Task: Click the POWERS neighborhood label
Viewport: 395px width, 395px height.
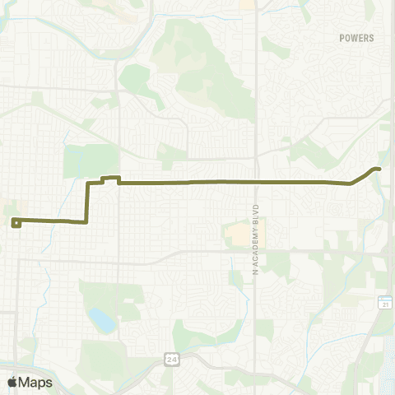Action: (x=355, y=38)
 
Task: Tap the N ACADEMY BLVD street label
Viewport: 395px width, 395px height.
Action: (x=256, y=239)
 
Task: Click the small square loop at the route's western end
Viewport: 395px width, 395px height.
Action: (x=16, y=221)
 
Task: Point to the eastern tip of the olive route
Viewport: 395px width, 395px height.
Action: (x=379, y=169)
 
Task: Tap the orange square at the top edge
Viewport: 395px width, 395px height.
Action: (x=246, y=3)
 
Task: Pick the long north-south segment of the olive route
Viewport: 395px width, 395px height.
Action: (x=88, y=202)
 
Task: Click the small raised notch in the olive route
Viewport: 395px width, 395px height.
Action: (x=110, y=177)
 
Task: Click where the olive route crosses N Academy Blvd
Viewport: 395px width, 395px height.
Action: (x=256, y=181)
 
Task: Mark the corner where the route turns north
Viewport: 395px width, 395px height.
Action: (x=87, y=221)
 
